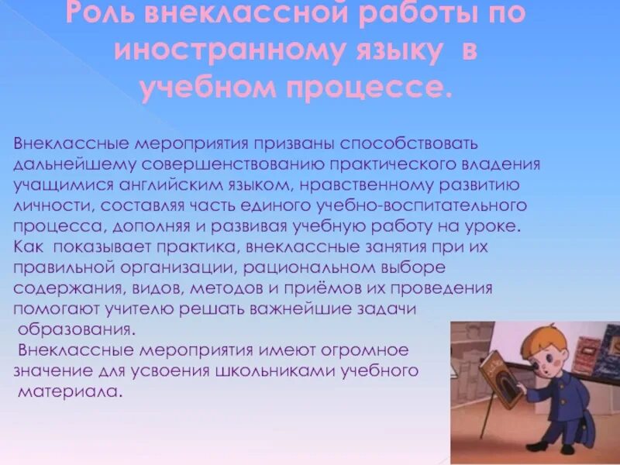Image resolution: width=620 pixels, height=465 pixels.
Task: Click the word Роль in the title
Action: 99,15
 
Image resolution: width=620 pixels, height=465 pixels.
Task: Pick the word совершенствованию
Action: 247,165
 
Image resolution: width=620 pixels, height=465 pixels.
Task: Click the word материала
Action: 70,391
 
